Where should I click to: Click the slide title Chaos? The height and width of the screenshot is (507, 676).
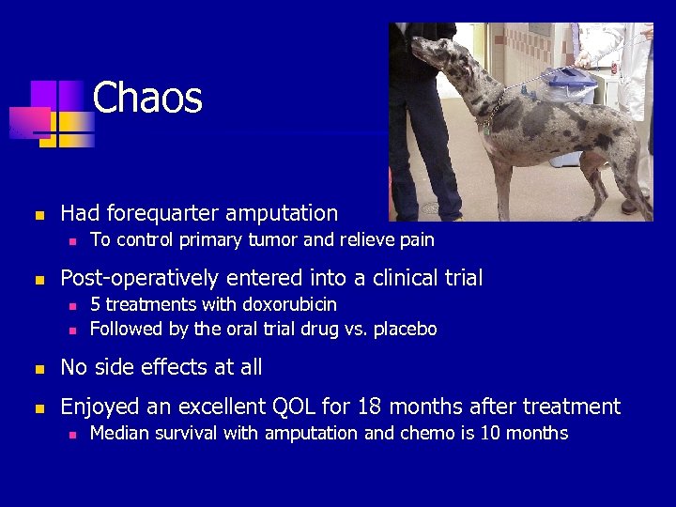coord(147,98)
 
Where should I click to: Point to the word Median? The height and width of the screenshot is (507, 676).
coord(118,433)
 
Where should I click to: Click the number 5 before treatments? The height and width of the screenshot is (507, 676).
coord(95,305)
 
